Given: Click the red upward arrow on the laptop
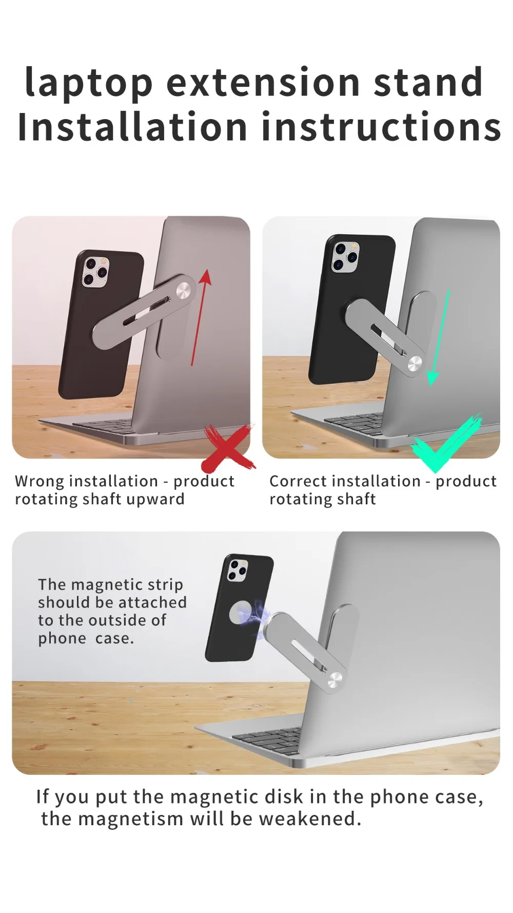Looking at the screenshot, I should tap(199, 318).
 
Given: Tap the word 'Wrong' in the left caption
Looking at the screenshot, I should tap(40, 482).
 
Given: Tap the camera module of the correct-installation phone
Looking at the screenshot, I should tap(345, 256).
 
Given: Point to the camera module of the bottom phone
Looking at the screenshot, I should tap(236, 570).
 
